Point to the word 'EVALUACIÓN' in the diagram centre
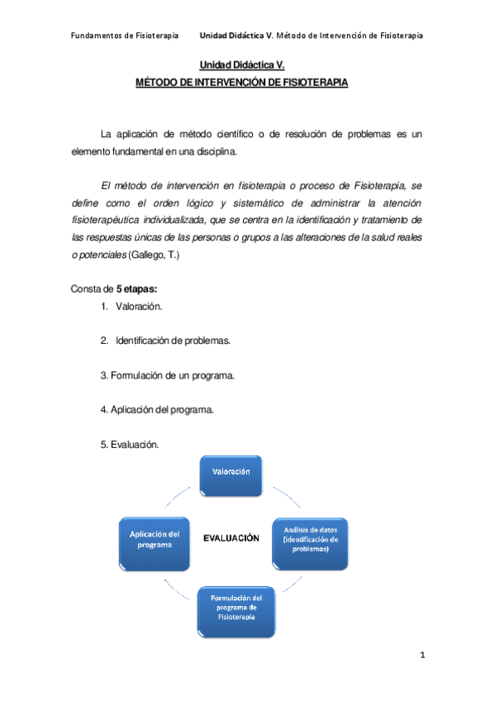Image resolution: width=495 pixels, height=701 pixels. click(232, 537)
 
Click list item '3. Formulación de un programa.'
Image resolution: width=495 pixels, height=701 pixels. click(168, 374)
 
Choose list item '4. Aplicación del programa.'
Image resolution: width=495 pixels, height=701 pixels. click(157, 409)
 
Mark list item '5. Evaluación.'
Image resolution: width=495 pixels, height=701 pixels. click(129, 444)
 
